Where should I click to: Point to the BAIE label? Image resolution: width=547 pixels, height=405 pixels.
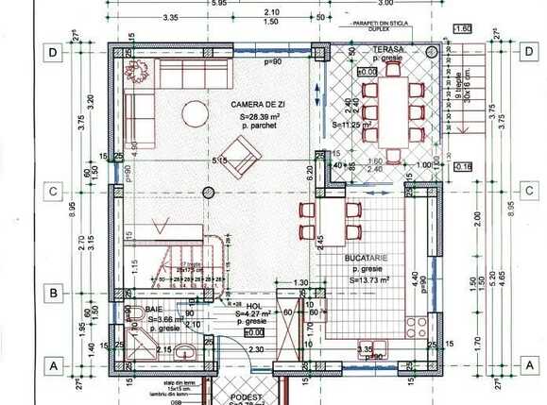pyautogui.click(x=155, y=308)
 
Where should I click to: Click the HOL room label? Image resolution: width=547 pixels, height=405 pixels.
pyautogui.click(x=252, y=305)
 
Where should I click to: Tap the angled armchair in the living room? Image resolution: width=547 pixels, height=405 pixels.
pyautogui.click(x=244, y=152)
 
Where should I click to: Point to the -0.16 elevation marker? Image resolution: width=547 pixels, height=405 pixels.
pyautogui.click(x=463, y=166)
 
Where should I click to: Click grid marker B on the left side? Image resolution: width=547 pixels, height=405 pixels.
pyautogui.click(x=54, y=293)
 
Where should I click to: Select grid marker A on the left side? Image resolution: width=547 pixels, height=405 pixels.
pyautogui.click(x=54, y=363)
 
